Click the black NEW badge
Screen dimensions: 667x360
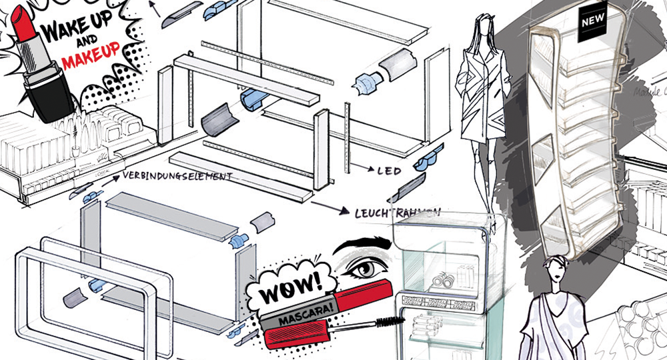point(592,21)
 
